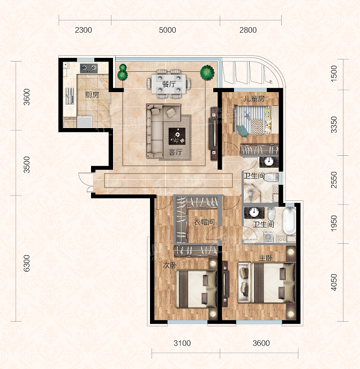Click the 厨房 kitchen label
pyautogui.click(x=92, y=95)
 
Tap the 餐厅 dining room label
pyautogui.click(x=169, y=84)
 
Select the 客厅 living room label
pyautogui.click(x=175, y=152)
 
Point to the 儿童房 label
pyautogui.click(x=254, y=99)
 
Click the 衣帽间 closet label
pyautogui.click(x=204, y=222)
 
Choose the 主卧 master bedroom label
pyautogui.click(x=266, y=258)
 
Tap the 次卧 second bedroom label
pyautogui.click(x=170, y=266)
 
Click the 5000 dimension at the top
pyautogui.click(x=167, y=30)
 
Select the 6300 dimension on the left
pyautogui.click(x=27, y=263)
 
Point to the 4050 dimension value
pyautogui.click(x=334, y=282)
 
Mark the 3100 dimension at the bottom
pyautogui.click(x=182, y=343)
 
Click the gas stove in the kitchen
pyautogui.click(x=89, y=68)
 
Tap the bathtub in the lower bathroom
pyautogui.click(x=289, y=221)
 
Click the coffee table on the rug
pyautogui.click(x=177, y=136)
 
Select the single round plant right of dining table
pyautogui.click(x=207, y=73)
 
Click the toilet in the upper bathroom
pyautogui.click(x=271, y=177)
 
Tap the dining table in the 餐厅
pyautogui.click(x=169, y=84)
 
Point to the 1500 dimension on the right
pyautogui.click(x=334, y=74)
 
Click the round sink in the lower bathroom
pyautogui.click(x=254, y=212)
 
